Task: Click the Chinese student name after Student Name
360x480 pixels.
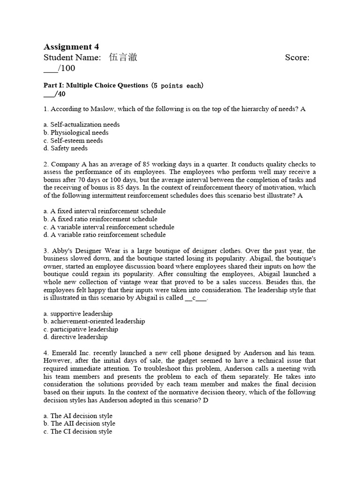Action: pos(123,58)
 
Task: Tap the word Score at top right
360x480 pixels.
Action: pos(297,58)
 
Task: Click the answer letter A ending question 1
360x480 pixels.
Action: pos(303,109)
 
